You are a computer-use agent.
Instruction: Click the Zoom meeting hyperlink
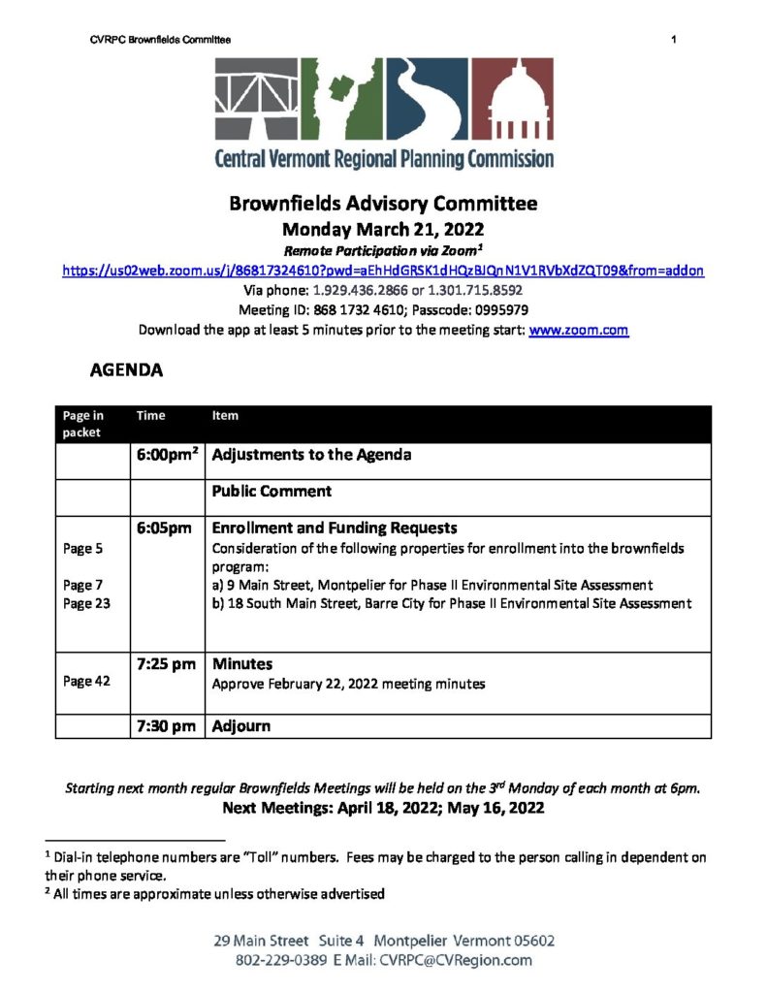(383, 271)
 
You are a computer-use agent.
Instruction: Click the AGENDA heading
(126, 370)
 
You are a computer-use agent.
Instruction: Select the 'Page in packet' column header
(83, 424)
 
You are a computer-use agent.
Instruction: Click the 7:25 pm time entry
(167, 664)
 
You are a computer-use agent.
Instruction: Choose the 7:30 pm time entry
(167, 725)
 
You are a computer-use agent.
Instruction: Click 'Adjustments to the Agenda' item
(311, 454)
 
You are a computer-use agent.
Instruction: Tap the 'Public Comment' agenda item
(272, 491)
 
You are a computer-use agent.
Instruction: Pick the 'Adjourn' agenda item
(241, 725)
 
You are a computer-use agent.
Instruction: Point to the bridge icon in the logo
(256, 97)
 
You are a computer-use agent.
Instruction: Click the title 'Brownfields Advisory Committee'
(383, 205)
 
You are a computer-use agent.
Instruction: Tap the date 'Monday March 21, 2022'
(383, 230)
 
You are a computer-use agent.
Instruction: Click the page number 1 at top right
(672, 39)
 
